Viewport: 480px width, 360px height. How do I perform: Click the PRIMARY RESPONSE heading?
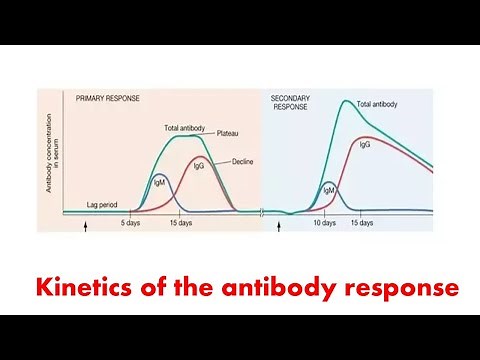tap(108, 98)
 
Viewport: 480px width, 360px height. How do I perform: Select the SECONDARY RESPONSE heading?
tap(292, 102)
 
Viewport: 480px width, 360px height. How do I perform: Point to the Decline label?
tap(242, 161)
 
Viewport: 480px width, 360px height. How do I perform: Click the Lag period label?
tap(103, 203)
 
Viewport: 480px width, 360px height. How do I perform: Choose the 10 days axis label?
tap(325, 223)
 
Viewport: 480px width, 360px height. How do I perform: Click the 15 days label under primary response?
tap(180, 223)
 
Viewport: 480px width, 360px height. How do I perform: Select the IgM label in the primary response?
tap(159, 181)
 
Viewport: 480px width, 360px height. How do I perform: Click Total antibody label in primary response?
tap(185, 128)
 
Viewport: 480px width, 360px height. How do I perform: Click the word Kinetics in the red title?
tap(79, 288)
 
